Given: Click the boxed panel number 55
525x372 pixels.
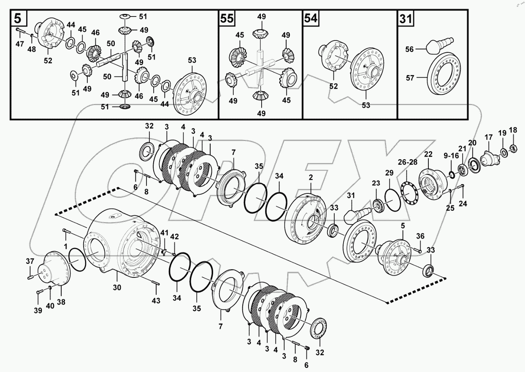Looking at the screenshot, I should (x=227, y=18).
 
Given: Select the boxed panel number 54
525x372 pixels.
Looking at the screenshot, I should (x=310, y=18).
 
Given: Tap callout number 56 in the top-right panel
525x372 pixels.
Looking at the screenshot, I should (x=409, y=49).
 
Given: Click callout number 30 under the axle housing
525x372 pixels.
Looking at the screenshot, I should (x=117, y=288).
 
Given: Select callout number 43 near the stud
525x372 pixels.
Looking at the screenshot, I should (x=156, y=300).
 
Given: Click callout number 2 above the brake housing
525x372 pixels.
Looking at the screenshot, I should (x=311, y=178).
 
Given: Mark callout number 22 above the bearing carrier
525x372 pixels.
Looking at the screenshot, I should (x=428, y=155).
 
